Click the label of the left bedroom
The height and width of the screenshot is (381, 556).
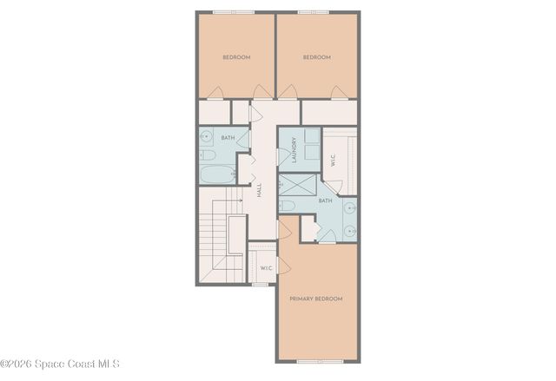coord(236,57)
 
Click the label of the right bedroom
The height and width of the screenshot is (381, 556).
coord(316,57)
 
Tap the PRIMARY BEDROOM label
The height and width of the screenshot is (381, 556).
coord(316,299)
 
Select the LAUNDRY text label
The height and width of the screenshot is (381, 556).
coord(295,149)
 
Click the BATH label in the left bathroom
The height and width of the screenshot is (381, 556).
coord(228,138)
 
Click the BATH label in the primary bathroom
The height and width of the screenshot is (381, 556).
coord(325,201)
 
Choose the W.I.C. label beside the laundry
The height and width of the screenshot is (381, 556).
coord(333,161)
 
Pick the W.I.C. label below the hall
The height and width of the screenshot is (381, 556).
coord(267,268)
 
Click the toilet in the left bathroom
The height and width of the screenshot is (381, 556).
coord(207,156)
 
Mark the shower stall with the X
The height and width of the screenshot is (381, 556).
coord(296,185)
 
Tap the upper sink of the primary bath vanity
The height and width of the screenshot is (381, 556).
coord(350,207)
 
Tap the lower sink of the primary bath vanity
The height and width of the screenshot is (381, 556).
coord(350,231)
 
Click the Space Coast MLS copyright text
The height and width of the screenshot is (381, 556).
coord(60,364)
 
